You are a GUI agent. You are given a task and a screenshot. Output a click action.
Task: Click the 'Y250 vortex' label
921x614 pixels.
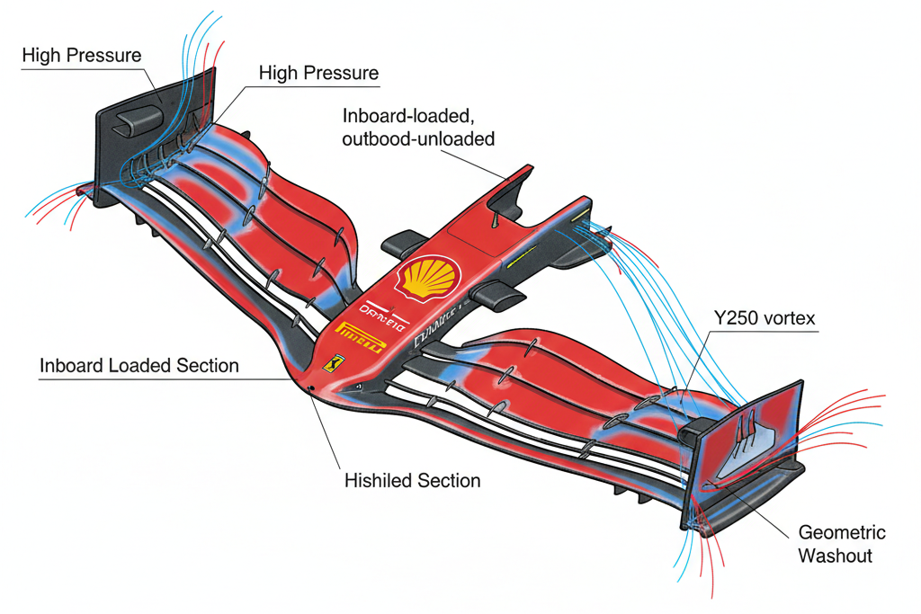click(765, 319)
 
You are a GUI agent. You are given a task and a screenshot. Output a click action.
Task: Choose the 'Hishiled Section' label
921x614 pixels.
click(412, 481)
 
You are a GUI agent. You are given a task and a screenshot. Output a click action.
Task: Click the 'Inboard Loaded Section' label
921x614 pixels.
click(139, 366)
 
